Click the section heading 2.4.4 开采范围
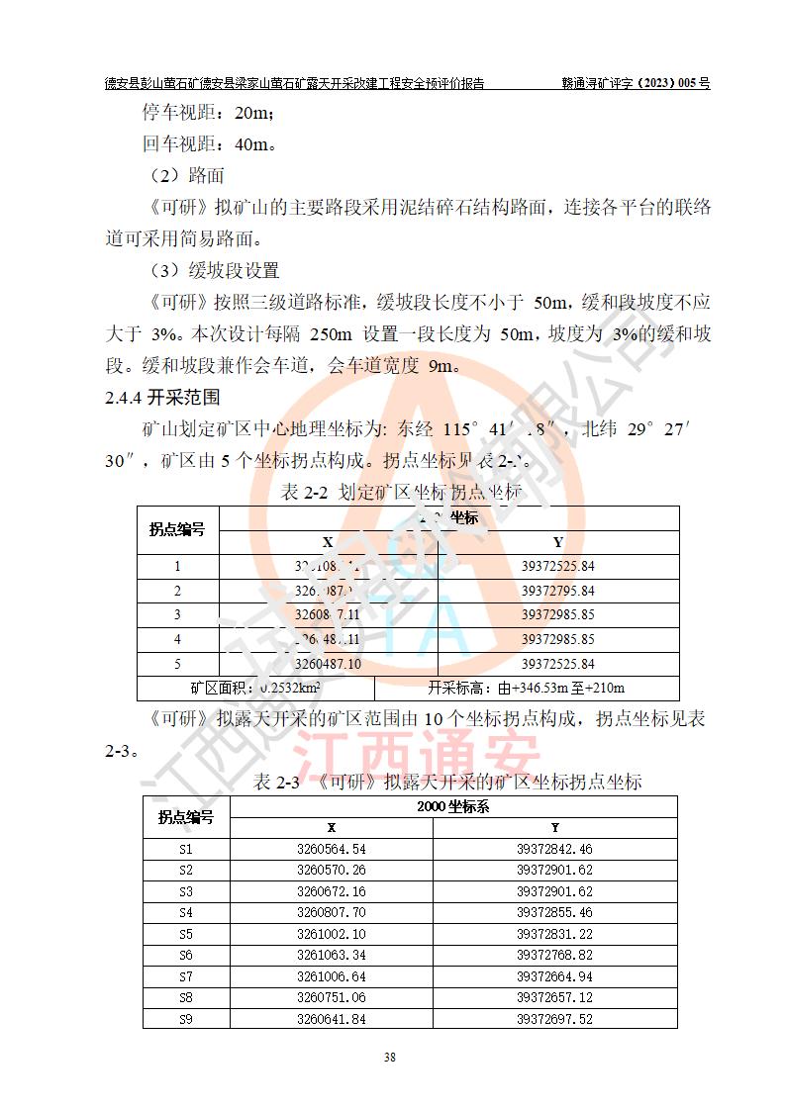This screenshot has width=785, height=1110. pyautogui.click(x=162, y=398)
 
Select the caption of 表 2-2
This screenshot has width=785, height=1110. pyautogui.click(x=401, y=492)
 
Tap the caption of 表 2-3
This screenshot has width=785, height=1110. pyautogui.click(x=447, y=782)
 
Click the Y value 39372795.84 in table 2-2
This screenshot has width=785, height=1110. pyautogui.click(x=558, y=591)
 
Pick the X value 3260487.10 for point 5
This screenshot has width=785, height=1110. pyautogui.click(x=328, y=664)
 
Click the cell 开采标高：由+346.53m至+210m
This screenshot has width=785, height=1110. pyautogui.click(x=527, y=688)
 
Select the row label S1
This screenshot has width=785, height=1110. pyautogui.click(x=186, y=849)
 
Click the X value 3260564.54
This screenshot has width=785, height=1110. pyautogui.click(x=332, y=849)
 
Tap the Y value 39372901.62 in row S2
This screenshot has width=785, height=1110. pyautogui.click(x=554, y=870)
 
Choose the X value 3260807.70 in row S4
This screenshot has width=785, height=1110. pyautogui.click(x=332, y=912)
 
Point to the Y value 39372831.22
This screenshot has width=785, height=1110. pyautogui.click(x=554, y=934)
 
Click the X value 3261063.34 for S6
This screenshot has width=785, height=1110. pyautogui.click(x=332, y=955)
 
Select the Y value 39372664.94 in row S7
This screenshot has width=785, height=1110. pyautogui.click(x=554, y=976)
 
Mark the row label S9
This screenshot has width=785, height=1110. pyautogui.click(x=186, y=1019)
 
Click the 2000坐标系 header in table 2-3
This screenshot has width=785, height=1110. pyautogui.click(x=454, y=806)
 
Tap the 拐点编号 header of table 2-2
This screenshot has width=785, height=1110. pyautogui.click(x=177, y=529)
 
